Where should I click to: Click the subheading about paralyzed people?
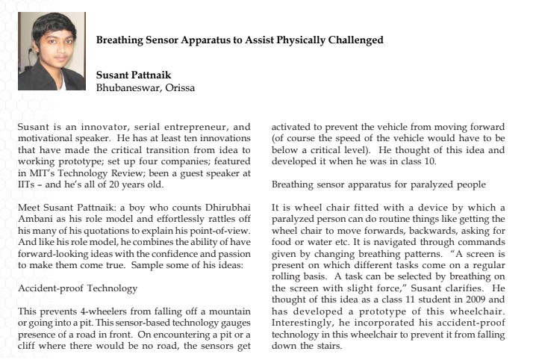[378, 184]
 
